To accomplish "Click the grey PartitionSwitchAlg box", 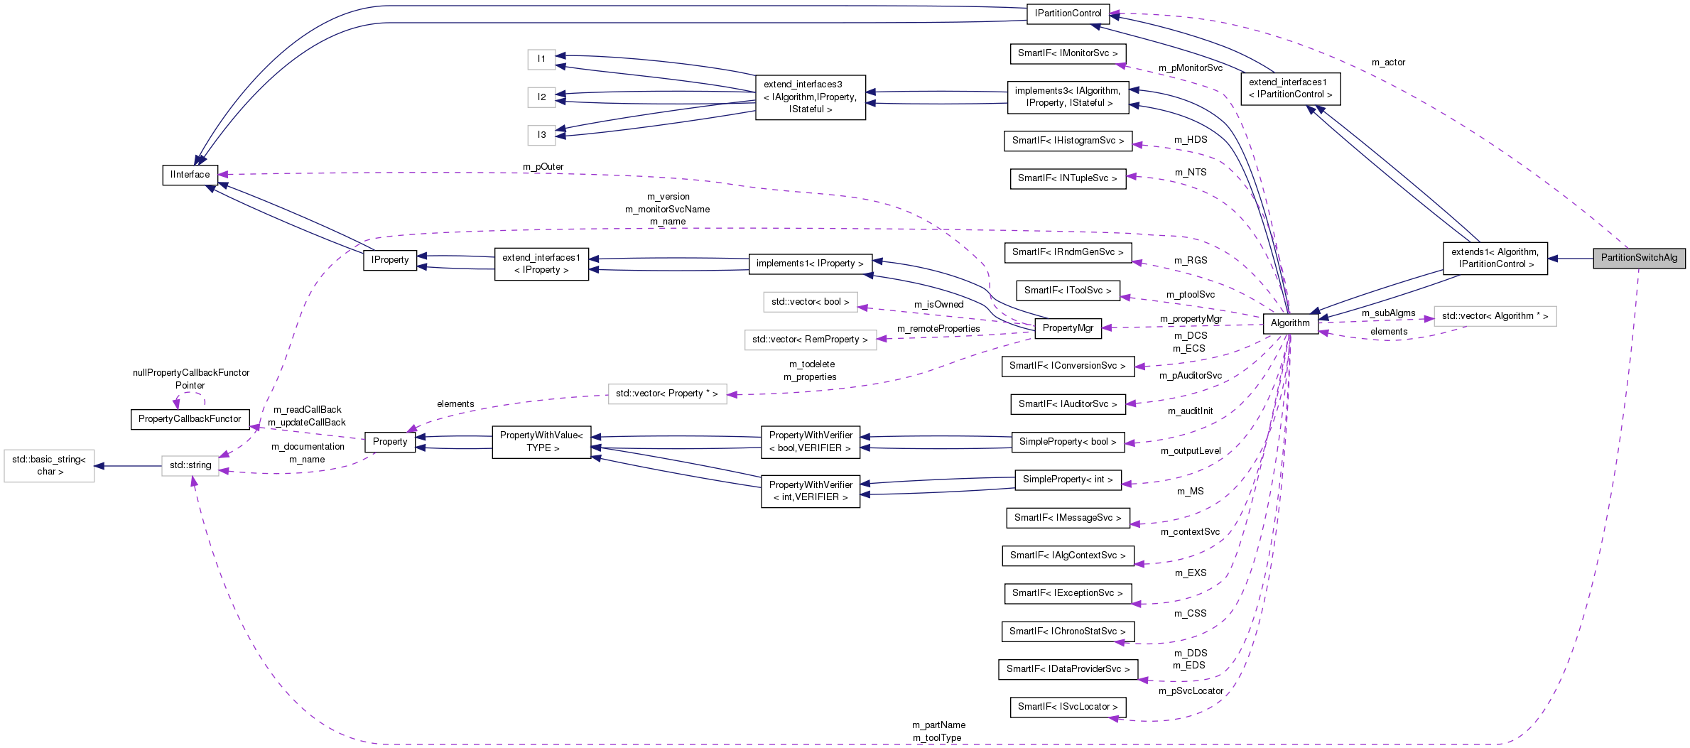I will coord(1638,258).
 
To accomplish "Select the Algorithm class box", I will coord(1290,323).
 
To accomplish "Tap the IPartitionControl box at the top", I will coord(1068,13).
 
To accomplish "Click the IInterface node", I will coord(190,175).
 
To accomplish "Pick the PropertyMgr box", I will coord(1068,328).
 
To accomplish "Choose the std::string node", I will coord(190,465).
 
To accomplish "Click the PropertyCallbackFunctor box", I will coord(190,419).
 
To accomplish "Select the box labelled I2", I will coord(541,97).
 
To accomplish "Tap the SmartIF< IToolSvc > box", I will coord(1068,291).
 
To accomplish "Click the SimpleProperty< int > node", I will coord(1068,479).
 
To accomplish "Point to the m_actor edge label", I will coord(1388,63).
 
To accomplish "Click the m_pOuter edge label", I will coord(543,167).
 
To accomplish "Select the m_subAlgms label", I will coord(1388,313).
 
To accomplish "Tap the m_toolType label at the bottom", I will coord(937,738).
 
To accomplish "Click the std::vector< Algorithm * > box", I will coord(1495,316).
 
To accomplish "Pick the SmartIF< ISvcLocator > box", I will coord(1068,707).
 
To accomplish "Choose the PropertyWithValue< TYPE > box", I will coord(541,442).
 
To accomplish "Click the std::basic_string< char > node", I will coord(49,466).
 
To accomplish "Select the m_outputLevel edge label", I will coord(1191,451).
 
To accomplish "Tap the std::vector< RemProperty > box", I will coord(810,340).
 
